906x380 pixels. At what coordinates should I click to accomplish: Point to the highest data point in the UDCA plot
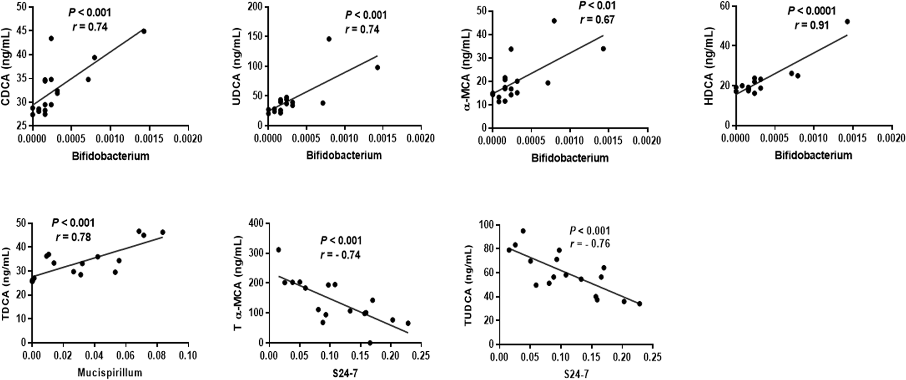click(329, 39)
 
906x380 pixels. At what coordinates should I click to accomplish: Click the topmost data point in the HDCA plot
click(847, 22)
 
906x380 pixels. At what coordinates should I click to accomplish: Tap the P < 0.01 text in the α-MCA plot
click(597, 6)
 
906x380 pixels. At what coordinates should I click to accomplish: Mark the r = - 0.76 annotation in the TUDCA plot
click(589, 244)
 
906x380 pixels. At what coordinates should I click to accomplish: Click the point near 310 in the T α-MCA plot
click(278, 250)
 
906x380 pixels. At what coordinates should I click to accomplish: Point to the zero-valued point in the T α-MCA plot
click(370, 342)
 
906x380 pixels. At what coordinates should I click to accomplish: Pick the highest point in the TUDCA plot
click(523, 231)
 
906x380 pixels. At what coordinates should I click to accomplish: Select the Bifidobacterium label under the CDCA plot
click(111, 156)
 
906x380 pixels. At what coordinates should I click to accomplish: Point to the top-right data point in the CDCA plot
click(144, 31)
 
